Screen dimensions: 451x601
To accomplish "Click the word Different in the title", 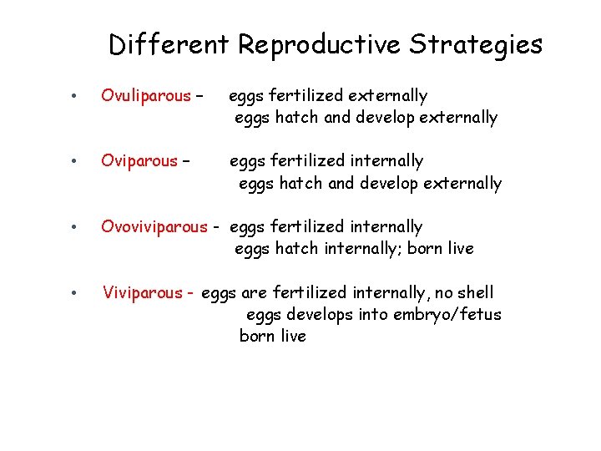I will coord(168,44).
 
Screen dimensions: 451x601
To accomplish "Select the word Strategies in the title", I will coord(476,44).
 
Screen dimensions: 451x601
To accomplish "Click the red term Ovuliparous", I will coord(146,96).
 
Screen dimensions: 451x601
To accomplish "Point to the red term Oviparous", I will coord(139,161).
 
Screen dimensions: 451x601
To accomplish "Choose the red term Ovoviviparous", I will coord(154,227).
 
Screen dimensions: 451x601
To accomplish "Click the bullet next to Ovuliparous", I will coord(74,96).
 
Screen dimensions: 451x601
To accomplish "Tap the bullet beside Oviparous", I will coord(74,161).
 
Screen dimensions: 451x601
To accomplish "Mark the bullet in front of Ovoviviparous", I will coord(74,227).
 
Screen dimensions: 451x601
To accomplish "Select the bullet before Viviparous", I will coord(74,293).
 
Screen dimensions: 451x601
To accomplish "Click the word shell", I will coord(474,293).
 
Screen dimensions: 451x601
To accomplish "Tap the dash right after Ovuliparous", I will coord(199,96).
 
